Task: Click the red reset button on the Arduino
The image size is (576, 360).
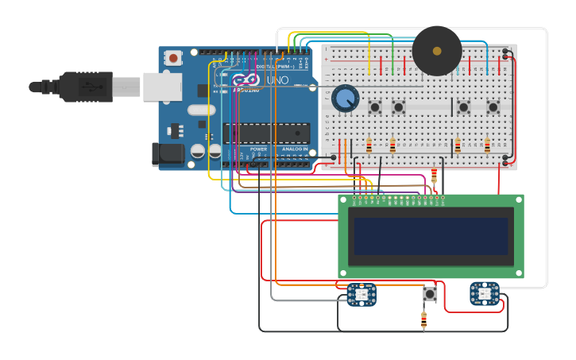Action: pyautogui.click(x=173, y=57)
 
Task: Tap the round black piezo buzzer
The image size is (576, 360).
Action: pyautogui.click(x=436, y=51)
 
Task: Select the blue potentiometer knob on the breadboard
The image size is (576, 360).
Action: pyautogui.click(x=345, y=99)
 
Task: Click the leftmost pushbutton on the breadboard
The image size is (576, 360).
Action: pyautogui.click(x=375, y=106)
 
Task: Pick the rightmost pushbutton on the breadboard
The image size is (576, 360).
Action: pyautogui.click(x=493, y=106)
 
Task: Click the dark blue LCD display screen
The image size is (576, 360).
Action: pyautogui.click(x=431, y=236)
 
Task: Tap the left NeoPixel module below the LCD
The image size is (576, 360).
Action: pyautogui.click(x=362, y=295)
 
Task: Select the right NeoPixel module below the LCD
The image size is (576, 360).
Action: pyautogui.click(x=484, y=293)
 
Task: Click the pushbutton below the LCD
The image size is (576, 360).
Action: pyautogui.click(x=430, y=294)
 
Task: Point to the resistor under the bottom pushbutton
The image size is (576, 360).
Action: pyautogui.click(x=423, y=320)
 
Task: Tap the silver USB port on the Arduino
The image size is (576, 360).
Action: pyautogui.click(x=162, y=86)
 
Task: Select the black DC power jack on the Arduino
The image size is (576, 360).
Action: pyautogui.click(x=168, y=154)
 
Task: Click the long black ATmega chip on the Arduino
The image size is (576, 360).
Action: pyautogui.click(x=266, y=133)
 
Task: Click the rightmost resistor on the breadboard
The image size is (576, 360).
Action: pyautogui.click(x=487, y=145)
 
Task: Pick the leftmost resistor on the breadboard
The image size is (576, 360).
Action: pyautogui.click(x=369, y=145)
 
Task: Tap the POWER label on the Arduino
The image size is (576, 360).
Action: pyautogui.click(x=259, y=149)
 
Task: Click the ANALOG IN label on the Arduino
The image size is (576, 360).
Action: pyautogui.click(x=293, y=149)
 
